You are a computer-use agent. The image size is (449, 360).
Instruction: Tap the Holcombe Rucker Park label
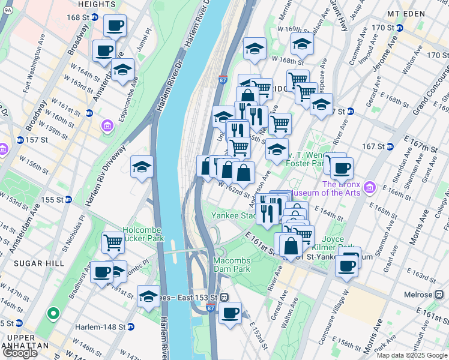(143, 234)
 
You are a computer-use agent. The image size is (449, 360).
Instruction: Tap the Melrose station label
(418, 295)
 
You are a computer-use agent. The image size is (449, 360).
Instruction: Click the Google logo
(20, 353)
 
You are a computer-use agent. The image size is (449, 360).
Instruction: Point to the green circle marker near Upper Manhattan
(53, 313)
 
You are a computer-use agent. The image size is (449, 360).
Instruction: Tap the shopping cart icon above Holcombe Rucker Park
(113, 242)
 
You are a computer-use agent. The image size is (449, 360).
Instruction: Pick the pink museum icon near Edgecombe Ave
(107, 126)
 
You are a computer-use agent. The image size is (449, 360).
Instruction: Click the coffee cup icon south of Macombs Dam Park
(230, 313)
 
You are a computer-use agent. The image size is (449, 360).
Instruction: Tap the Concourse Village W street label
(336, 318)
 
